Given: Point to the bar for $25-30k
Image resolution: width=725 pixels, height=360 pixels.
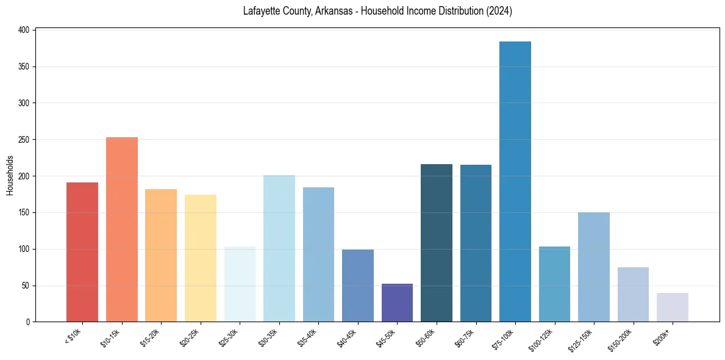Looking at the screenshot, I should [x=240, y=284].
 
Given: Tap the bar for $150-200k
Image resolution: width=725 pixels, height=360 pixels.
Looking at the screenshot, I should [x=633, y=294].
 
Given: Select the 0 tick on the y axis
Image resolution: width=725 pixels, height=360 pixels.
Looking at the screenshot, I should [x=29, y=322].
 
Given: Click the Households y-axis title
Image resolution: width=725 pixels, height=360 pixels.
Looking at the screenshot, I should [x=10, y=175].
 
